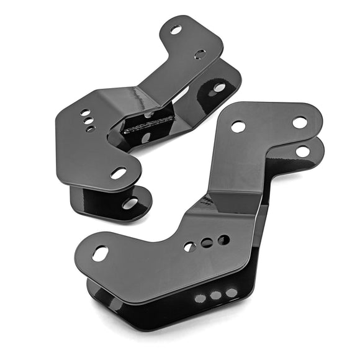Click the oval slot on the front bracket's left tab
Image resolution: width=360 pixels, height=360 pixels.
[99, 253]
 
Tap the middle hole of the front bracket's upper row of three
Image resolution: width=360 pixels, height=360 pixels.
[206, 243]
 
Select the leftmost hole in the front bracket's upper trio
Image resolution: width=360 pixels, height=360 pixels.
[190, 247]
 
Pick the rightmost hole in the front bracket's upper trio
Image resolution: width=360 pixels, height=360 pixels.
[223, 240]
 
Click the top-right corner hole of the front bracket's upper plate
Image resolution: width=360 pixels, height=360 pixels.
[300, 122]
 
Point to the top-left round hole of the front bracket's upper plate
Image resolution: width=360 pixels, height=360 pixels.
[238, 127]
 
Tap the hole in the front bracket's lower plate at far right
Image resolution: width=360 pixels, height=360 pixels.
[303, 151]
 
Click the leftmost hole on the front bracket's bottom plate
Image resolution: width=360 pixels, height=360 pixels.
[200, 299]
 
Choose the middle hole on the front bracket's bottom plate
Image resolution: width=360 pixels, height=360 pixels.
[215, 296]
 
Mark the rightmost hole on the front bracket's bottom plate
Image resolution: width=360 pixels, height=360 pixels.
[231, 292]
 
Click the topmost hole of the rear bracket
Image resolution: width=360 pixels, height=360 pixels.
[176, 30]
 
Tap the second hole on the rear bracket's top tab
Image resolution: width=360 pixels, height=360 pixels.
[200, 54]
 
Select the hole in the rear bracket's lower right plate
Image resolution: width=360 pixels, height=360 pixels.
[219, 88]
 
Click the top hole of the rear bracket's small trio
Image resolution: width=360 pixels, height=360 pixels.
[84, 113]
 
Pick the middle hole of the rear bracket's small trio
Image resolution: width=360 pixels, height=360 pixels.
[89, 121]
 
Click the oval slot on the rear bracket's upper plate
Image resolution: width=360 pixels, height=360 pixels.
[119, 173]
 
